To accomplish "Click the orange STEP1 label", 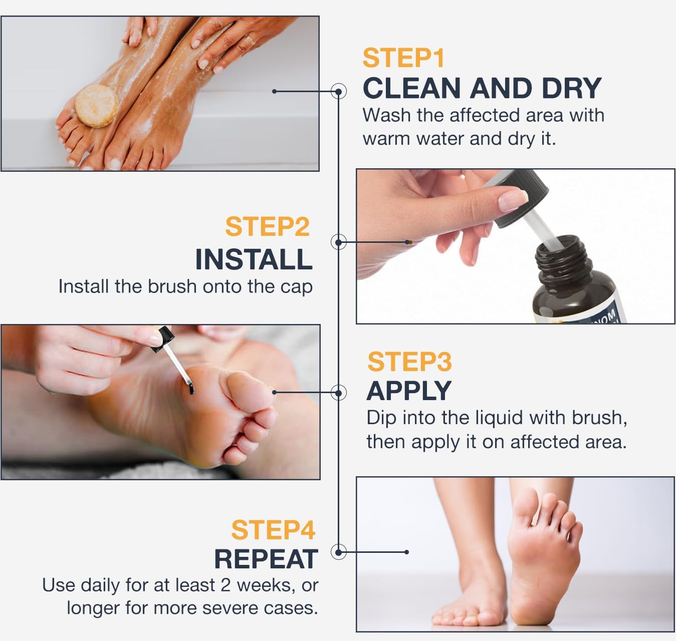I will click(403, 58).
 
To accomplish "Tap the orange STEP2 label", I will click(267, 227).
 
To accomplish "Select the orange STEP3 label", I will click(409, 362).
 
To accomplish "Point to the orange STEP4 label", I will click(273, 530).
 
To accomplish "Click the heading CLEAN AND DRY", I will click(482, 89).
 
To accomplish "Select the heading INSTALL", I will click(254, 259).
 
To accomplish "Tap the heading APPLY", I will click(409, 391).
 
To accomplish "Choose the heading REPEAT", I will click(266, 559).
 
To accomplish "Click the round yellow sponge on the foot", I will click(97, 105).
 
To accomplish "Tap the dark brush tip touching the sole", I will click(191, 387).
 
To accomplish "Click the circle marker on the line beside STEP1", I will click(339, 92).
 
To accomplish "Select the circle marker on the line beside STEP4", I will click(339, 552).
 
